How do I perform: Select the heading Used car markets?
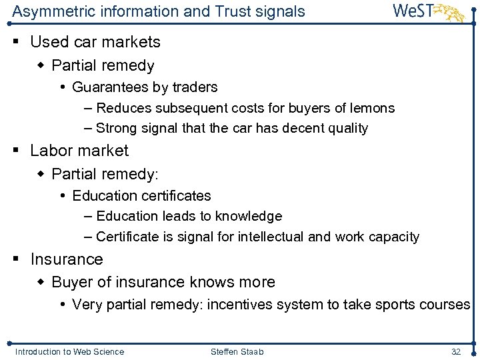tap(95, 42)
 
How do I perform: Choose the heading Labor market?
tap(79, 151)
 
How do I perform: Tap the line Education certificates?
tap(141, 196)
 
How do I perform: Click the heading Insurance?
tap(67, 259)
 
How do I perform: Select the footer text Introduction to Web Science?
tap(69, 351)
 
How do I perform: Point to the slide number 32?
tap(456, 351)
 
